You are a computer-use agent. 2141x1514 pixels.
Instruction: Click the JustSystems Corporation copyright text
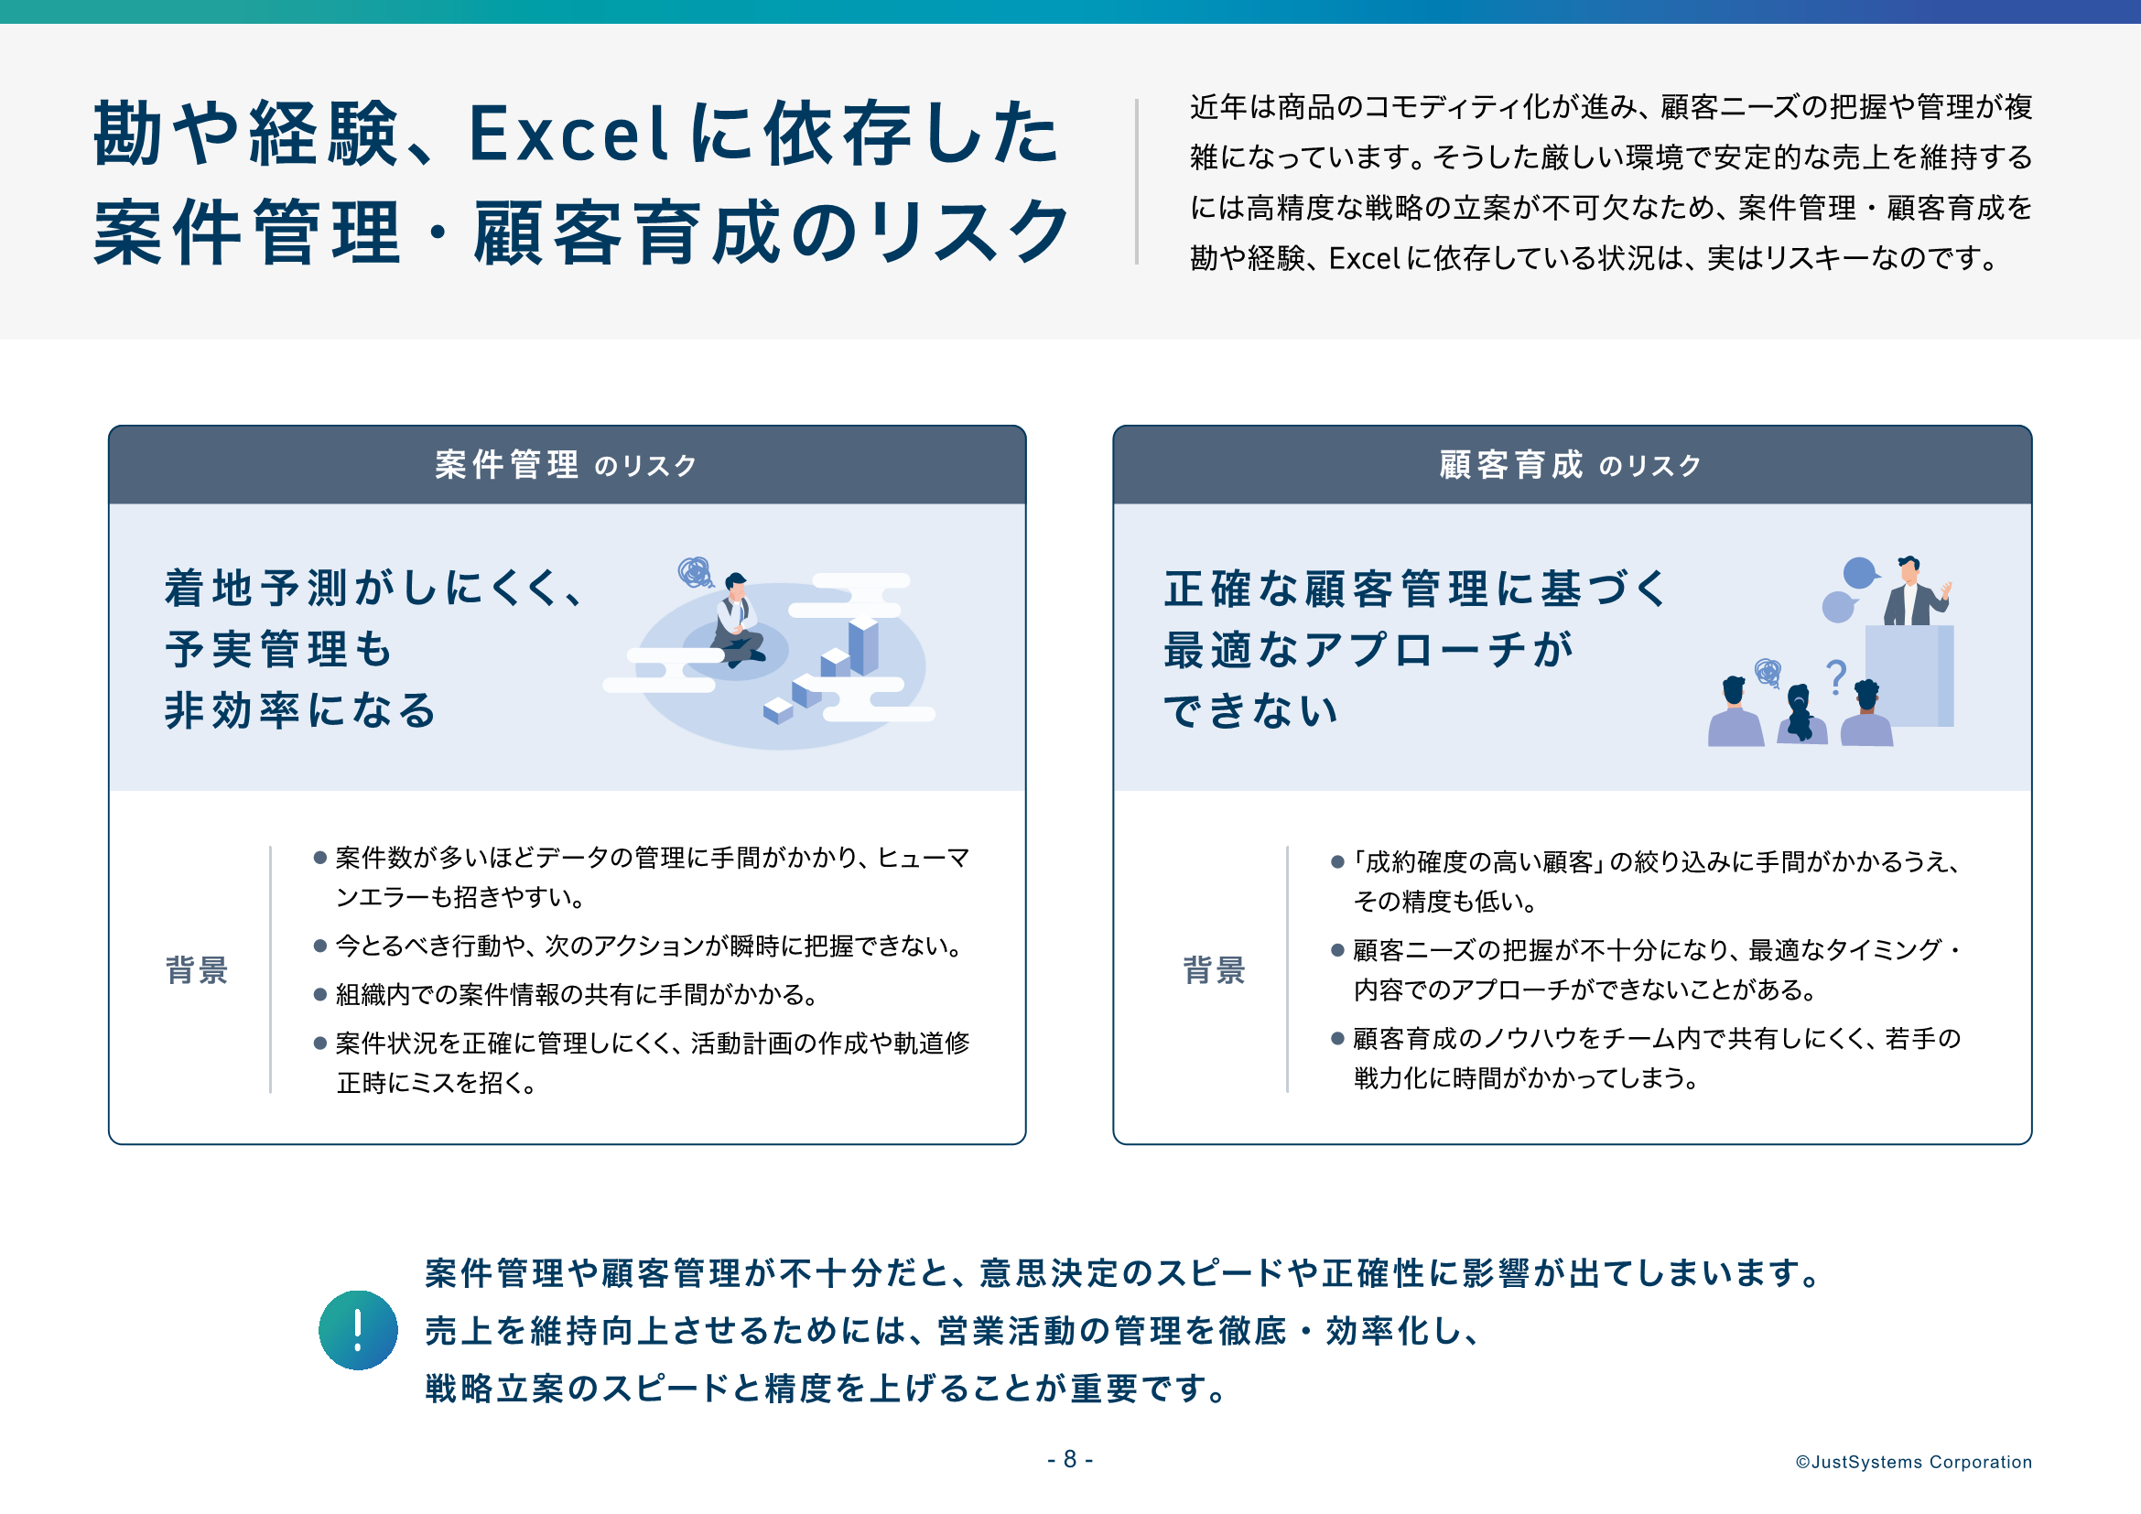(x=1913, y=1462)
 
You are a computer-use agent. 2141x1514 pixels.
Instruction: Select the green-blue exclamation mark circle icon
(x=358, y=1329)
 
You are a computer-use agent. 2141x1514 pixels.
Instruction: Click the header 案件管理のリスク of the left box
(x=566, y=464)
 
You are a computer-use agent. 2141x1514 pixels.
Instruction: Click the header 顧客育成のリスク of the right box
(x=1572, y=464)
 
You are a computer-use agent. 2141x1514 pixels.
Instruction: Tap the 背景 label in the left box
(x=197, y=969)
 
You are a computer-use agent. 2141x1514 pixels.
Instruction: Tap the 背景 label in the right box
(x=1214, y=969)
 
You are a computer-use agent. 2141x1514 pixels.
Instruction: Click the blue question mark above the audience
(x=1836, y=676)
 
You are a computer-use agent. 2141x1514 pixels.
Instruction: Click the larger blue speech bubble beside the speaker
(x=1860, y=572)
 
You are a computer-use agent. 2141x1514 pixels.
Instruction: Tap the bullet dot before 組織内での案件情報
(x=319, y=995)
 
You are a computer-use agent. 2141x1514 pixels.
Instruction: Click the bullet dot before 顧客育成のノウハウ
(x=1337, y=1039)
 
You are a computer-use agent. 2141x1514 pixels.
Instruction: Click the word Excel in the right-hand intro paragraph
(x=1364, y=258)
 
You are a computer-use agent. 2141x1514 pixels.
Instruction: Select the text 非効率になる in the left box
(x=300, y=710)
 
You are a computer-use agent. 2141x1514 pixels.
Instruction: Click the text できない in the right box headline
(x=1249, y=710)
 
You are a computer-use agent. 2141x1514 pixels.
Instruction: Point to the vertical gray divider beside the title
(x=1137, y=182)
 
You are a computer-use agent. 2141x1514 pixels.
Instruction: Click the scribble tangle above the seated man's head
(x=695, y=571)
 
